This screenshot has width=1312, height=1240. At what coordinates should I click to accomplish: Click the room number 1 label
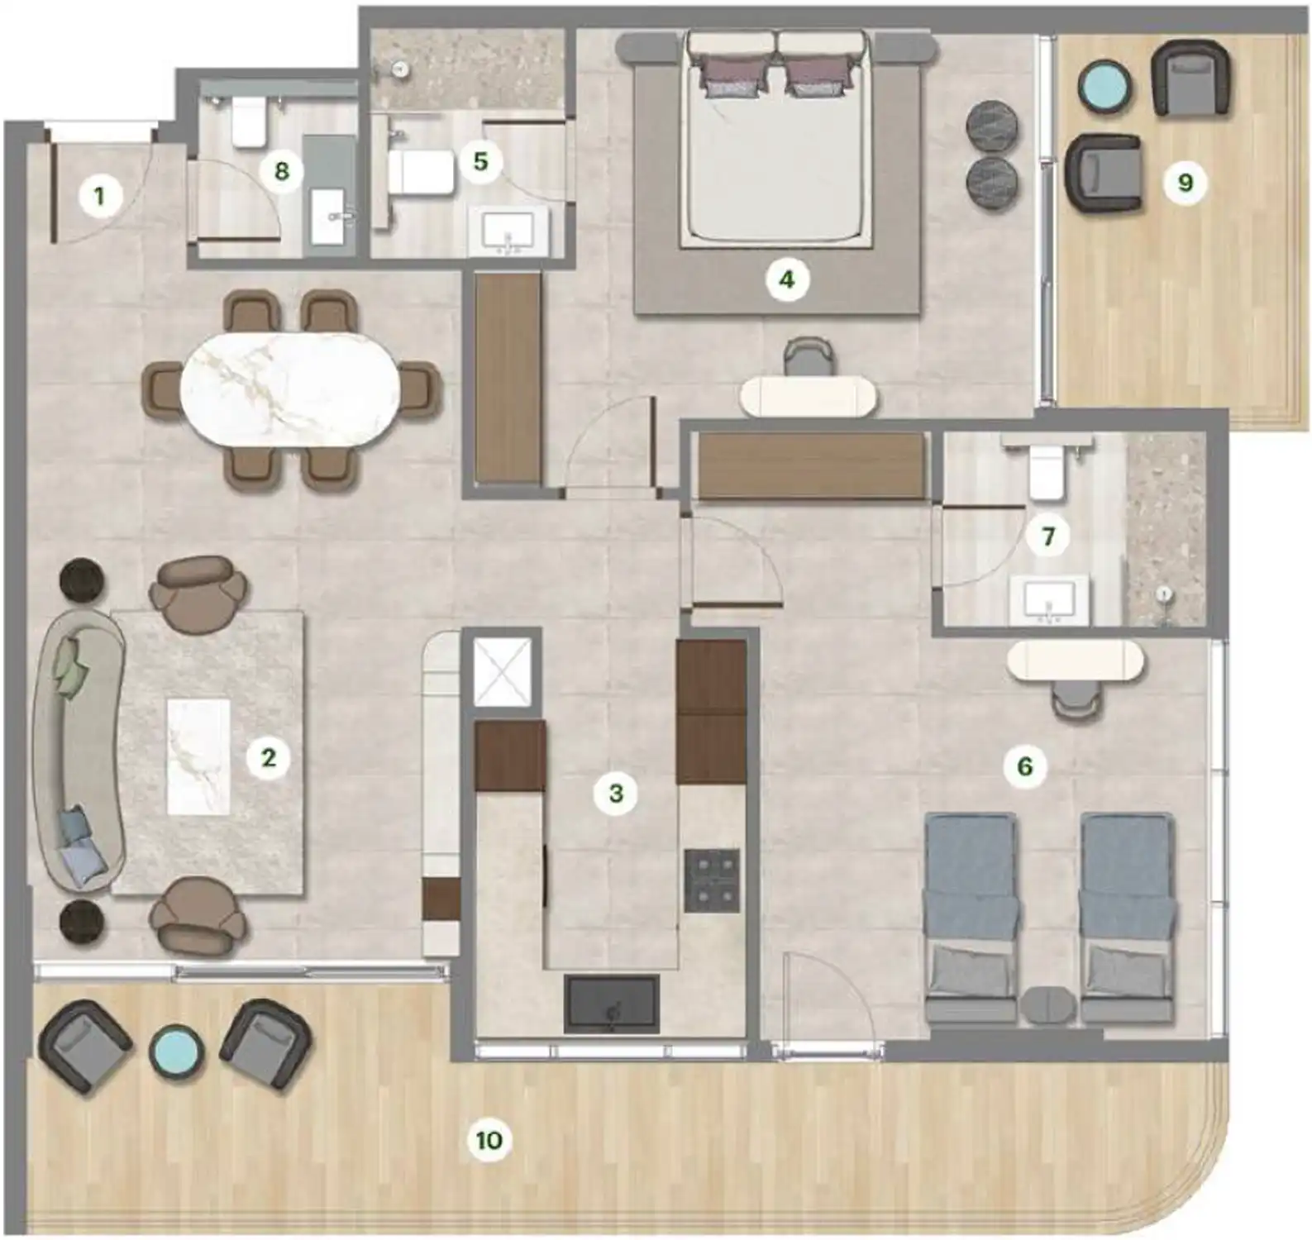100,197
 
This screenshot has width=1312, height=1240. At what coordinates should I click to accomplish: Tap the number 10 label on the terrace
489,1140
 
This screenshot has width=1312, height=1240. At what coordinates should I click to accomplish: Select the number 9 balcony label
1185,182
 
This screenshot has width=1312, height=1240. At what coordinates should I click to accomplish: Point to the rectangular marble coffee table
198,756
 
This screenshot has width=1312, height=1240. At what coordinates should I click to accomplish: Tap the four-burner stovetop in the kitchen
711,880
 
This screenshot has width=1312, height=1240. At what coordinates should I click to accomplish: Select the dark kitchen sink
612,1004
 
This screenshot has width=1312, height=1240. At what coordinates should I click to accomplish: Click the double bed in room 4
777,157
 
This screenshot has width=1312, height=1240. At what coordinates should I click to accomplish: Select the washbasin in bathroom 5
508,229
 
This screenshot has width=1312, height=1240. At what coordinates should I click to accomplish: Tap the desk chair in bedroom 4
807,357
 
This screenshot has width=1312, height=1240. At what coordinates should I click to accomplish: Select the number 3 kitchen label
616,794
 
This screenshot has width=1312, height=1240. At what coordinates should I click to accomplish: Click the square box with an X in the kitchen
503,673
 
